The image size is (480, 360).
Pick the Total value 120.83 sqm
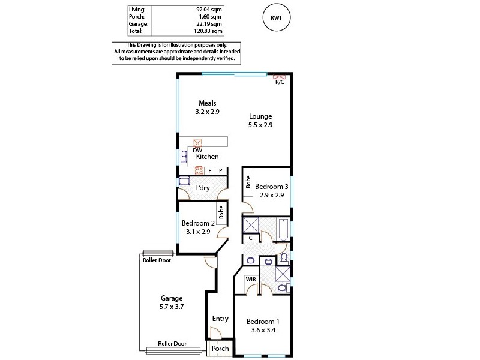209,31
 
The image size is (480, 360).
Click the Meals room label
208,103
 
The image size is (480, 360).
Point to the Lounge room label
260,116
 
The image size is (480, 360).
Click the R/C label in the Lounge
280,83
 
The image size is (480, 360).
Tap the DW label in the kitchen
189,150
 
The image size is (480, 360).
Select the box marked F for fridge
209,171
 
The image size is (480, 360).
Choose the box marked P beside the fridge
221,171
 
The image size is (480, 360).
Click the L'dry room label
203,188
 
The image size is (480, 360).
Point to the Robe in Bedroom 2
221,211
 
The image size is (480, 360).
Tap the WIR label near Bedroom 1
251,279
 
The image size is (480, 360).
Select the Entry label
220,319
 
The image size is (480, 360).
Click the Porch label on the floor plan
220,349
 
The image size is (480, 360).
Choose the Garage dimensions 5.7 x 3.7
171,306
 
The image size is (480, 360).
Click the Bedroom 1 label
263,321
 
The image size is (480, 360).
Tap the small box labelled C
250,238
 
